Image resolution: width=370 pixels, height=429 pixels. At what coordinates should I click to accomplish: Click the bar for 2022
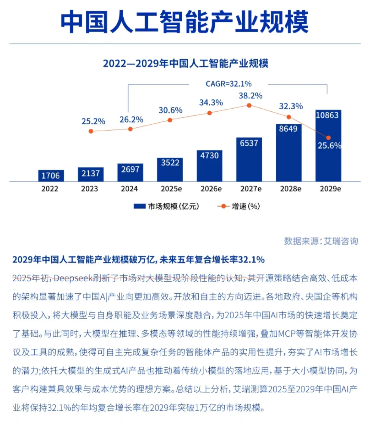(51, 175)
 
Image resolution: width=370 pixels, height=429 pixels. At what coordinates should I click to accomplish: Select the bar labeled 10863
(328, 146)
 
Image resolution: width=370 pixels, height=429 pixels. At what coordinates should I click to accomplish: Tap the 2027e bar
(249, 159)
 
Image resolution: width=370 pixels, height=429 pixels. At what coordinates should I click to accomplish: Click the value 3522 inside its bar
(170, 163)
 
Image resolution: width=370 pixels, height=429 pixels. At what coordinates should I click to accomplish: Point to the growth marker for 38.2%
(249, 105)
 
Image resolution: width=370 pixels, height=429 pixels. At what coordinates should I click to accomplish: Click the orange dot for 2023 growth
(91, 131)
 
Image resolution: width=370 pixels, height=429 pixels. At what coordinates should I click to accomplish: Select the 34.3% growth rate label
(211, 102)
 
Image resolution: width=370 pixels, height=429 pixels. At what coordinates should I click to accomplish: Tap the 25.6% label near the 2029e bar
(329, 146)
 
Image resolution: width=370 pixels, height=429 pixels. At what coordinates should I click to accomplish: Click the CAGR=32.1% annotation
(229, 84)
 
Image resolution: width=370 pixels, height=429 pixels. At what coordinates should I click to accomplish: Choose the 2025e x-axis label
(171, 189)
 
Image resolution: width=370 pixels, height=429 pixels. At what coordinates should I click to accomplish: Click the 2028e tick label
(291, 189)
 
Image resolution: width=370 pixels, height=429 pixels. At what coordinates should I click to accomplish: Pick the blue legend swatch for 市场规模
(139, 206)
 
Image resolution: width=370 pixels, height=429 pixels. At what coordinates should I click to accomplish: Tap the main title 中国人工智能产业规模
(185, 22)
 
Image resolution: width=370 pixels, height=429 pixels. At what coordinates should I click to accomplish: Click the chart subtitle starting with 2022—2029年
(185, 63)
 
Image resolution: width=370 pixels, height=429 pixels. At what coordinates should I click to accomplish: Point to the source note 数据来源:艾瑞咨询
(321, 241)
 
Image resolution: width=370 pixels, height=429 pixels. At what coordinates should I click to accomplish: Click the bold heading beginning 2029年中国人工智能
(138, 260)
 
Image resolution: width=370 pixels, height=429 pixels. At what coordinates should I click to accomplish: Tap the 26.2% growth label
(131, 120)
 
